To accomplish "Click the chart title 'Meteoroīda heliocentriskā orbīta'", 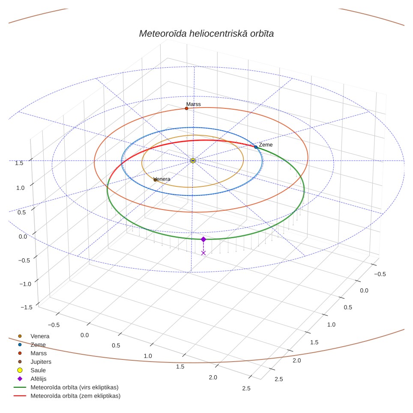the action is point(206,33).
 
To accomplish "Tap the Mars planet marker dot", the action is point(186,108).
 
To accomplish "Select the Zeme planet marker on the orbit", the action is point(256,147).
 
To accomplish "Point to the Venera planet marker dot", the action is point(155,180).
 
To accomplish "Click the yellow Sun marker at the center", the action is point(193,161).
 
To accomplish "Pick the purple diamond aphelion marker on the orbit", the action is point(204,239).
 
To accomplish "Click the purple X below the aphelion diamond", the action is point(204,253).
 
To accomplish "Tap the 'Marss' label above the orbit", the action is point(193,104).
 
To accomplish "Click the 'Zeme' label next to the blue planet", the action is point(266,145).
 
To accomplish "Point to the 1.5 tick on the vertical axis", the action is point(19,163).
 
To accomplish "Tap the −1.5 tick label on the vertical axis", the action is point(27,307).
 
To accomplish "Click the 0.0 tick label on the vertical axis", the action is point(23,236).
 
